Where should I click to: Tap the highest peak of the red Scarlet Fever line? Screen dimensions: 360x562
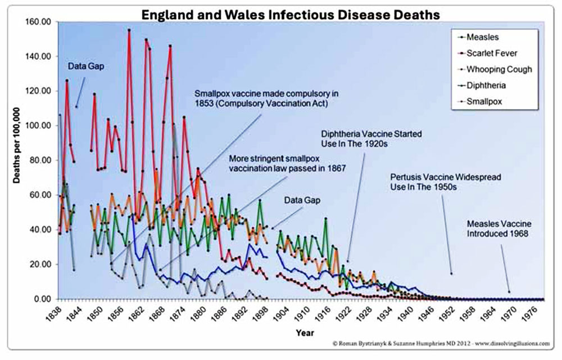[129, 30]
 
